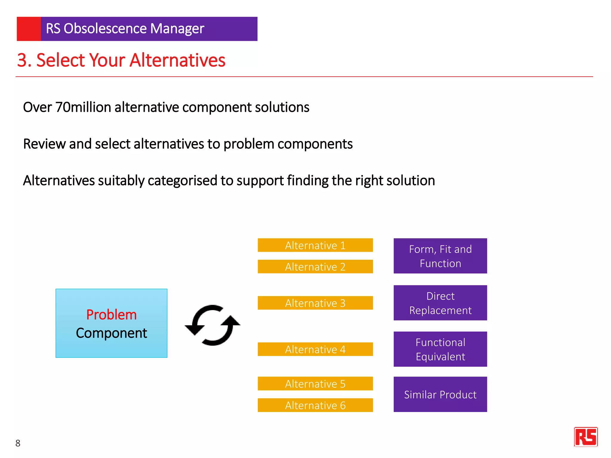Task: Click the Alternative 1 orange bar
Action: [315, 245]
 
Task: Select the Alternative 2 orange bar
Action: [315, 267]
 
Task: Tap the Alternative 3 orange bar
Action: [315, 303]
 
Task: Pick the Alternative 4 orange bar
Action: [315, 349]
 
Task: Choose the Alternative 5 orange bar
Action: [315, 384]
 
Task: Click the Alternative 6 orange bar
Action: [315, 405]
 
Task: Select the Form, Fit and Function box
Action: [440, 256]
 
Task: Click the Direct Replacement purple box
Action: [440, 303]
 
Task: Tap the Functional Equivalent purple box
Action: [440, 349]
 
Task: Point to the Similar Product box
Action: [440, 394]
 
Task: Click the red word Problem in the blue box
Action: [111, 315]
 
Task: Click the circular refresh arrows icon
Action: [212, 325]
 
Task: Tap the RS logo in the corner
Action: [586, 437]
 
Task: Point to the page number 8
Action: [18, 443]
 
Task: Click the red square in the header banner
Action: [29, 29]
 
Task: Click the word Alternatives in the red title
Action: [177, 60]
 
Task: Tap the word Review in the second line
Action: [44, 144]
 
